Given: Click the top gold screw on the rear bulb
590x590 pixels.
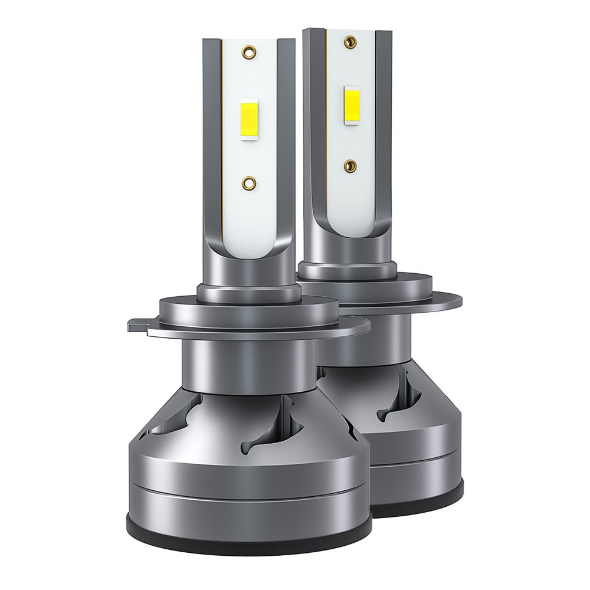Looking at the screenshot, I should coord(352,41).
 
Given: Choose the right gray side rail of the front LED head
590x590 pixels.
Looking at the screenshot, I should coord(286,147).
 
